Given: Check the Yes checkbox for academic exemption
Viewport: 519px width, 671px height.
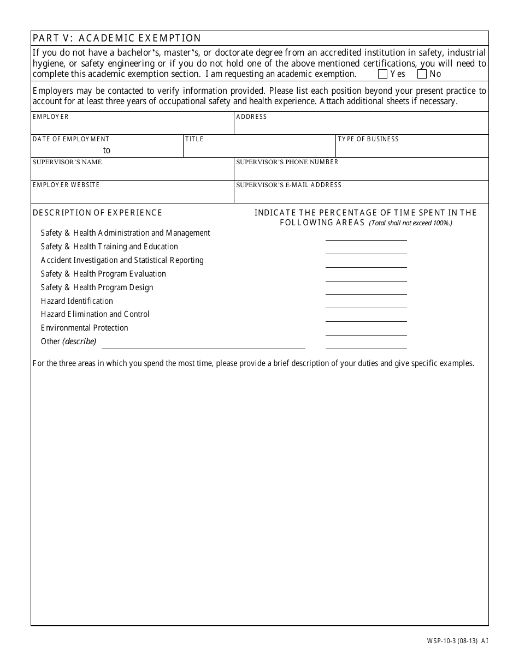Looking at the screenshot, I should tap(383, 74).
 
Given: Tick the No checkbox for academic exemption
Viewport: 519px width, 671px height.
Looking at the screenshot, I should tap(422, 74).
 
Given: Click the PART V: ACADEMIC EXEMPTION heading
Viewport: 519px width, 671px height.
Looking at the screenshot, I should tap(117, 38).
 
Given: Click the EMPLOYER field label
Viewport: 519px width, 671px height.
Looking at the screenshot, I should tap(51, 117).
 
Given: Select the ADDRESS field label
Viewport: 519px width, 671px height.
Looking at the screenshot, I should tap(251, 117).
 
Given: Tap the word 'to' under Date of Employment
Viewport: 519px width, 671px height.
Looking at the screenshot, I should tap(107, 151).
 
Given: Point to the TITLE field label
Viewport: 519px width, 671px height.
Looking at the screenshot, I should tap(194, 139).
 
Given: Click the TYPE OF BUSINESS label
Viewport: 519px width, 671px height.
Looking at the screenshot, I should tap(368, 139).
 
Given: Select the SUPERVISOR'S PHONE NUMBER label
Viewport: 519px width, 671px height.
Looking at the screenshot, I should tap(287, 162).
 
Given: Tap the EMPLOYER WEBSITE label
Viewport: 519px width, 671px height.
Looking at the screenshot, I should tap(66, 185).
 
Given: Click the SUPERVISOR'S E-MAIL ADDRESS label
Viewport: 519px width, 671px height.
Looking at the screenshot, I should tap(288, 185).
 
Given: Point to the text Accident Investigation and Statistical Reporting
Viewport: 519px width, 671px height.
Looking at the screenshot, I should tap(122, 260).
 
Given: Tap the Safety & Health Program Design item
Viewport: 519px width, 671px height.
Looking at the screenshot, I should tap(97, 287).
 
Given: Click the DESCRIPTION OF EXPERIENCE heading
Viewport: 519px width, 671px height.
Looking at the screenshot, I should tap(97, 213).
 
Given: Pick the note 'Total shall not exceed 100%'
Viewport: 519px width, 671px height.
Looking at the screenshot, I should tap(410, 223).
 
